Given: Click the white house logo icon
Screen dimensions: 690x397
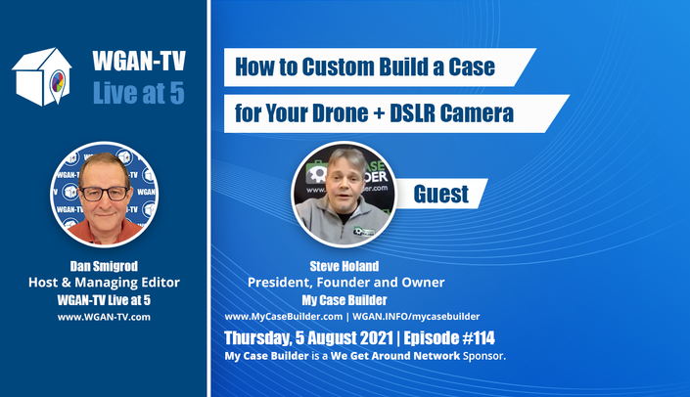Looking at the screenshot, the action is click(x=41, y=76).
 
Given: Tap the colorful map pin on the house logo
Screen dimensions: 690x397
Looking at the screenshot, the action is click(x=58, y=83).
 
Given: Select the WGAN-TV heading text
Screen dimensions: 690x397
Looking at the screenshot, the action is click(x=139, y=61).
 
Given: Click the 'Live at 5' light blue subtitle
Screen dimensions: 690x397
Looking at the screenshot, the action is click(x=139, y=93).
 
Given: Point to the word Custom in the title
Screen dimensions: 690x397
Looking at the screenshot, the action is click(x=338, y=66).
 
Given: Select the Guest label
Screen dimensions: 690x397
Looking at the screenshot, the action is click(x=441, y=194).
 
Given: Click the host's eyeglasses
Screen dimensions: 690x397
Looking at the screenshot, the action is click(x=105, y=194).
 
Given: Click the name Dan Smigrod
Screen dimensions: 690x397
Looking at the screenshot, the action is click(x=104, y=266).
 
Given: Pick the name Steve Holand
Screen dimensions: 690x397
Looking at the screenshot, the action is click(x=345, y=266).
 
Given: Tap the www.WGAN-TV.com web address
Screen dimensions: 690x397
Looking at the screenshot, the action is click(x=104, y=317).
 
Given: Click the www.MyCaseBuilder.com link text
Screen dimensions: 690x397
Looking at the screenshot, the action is click(x=284, y=317).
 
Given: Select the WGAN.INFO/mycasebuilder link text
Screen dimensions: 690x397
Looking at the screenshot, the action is click(x=416, y=317).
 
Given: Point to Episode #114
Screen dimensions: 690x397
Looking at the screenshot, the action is click(x=449, y=338).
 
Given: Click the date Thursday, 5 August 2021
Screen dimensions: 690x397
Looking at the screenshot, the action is click(x=308, y=338).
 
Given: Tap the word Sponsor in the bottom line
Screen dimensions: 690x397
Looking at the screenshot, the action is click(x=483, y=356).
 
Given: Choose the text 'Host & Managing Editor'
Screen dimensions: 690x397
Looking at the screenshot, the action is click(x=104, y=283).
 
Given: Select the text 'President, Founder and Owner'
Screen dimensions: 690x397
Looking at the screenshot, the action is click(x=345, y=283).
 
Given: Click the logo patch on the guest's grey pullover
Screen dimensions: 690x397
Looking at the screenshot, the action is click(x=364, y=231).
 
